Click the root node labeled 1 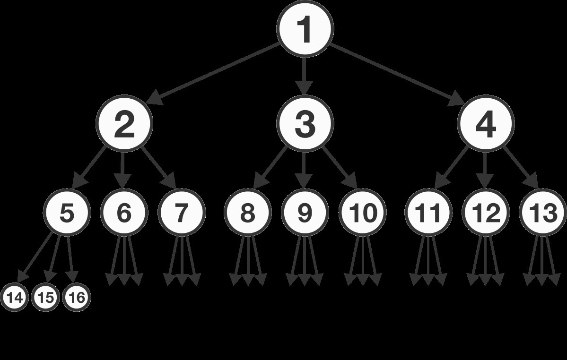[x=305, y=29]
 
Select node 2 [x=124, y=124]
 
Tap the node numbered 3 [x=305, y=124]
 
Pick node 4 [x=486, y=124]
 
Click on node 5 [x=67, y=213]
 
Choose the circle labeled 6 [x=124, y=213]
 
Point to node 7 [x=181, y=213]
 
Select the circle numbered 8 [x=248, y=213]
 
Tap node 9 [x=305, y=213]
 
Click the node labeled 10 [x=363, y=213]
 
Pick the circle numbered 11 [x=429, y=213]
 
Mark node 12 [x=486, y=213]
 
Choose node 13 [x=543, y=213]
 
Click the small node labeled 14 [x=15, y=298]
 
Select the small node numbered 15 [x=46, y=298]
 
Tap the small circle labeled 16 [x=77, y=298]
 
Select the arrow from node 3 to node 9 [x=305, y=168]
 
